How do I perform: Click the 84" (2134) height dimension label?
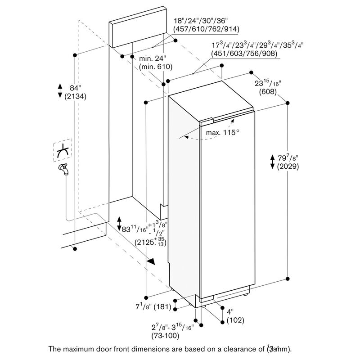(76, 91)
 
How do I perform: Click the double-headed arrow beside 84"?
(60, 90)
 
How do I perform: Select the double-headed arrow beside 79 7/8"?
(272, 161)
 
